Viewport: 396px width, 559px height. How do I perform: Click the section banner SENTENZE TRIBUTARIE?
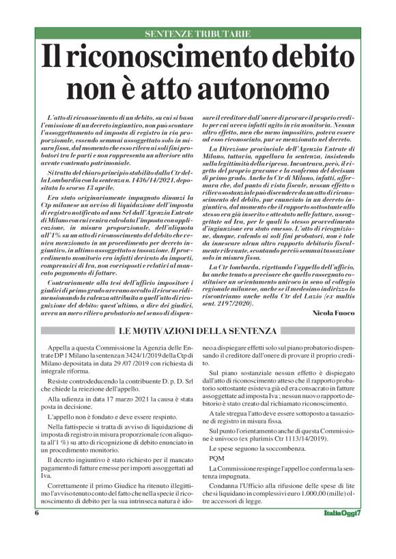(x=198, y=33)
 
